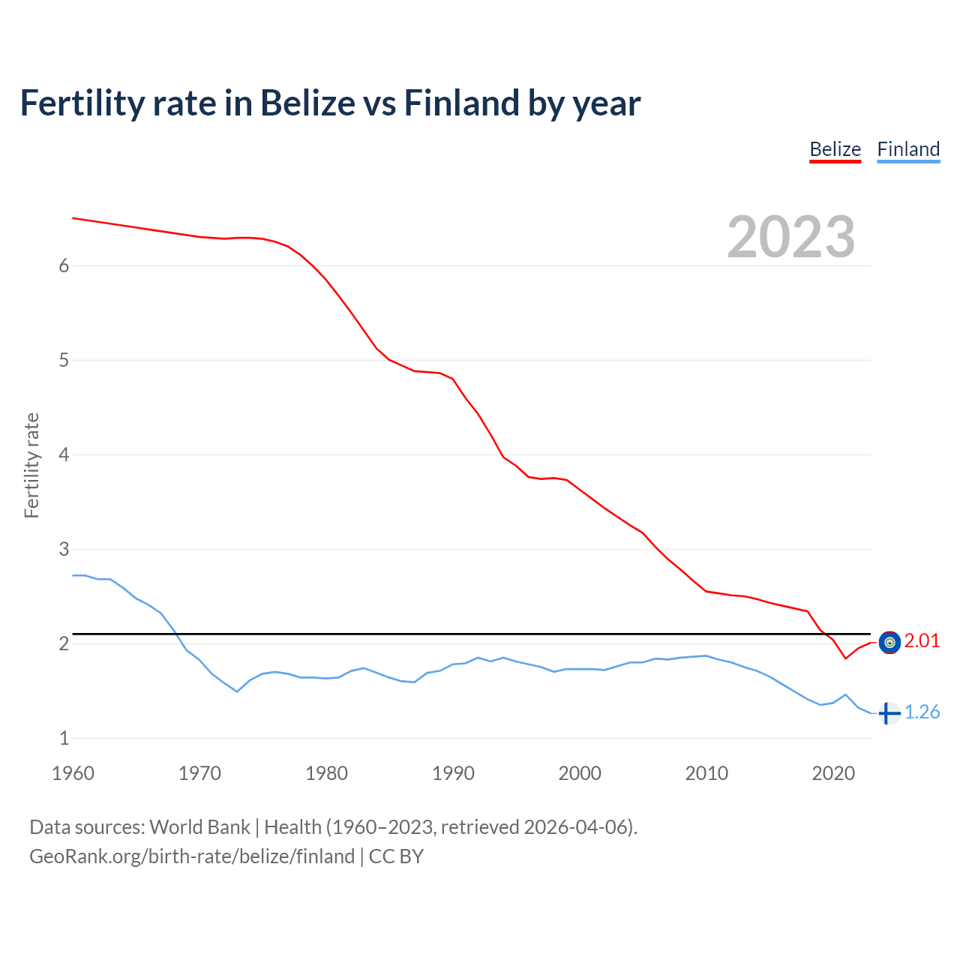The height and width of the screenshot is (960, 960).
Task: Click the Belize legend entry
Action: tap(835, 149)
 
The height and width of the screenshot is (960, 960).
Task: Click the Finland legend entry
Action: tap(908, 149)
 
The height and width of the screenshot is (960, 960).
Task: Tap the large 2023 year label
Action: tap(790, 237)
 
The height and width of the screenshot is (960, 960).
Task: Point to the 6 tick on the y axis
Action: tap(64, 265)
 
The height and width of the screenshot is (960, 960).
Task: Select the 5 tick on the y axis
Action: tap(64, 360)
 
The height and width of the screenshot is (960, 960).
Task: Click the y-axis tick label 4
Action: tap(64, 454)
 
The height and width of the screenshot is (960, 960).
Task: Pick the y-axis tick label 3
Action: tap(64, 549)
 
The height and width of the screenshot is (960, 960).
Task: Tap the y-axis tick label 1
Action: tap(64, 738)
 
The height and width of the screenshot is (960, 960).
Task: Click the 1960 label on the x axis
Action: tap(73, 773)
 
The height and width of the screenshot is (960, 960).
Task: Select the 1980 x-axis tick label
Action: tap(326, 773)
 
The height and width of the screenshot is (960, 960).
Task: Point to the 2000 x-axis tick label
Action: tap(580, 773)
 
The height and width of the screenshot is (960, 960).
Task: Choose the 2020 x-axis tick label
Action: tap(833, 773)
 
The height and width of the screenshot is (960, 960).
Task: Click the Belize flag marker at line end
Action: tap(889, 642)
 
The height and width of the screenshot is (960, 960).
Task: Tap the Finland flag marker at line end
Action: tap(889, 713)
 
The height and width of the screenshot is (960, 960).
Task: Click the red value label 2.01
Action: tap(922, 641)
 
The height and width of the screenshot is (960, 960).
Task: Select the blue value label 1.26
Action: tap(922, 712)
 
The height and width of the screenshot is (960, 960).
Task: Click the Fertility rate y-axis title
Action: tap(31, 465)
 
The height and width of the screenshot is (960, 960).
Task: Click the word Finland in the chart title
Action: tap(461, 103)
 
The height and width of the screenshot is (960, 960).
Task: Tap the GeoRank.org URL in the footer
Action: tap(191, 856)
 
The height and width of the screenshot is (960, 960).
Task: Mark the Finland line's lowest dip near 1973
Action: tap(237, 691)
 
